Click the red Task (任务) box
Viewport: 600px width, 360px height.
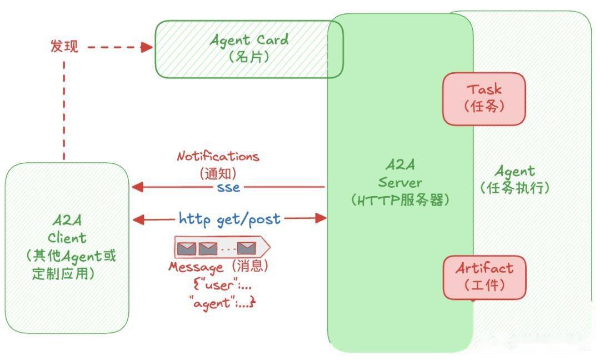tap(484, 98)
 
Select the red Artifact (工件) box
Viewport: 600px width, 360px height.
tap(484, 277)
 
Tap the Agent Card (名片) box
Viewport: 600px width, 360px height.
tap(248, 48)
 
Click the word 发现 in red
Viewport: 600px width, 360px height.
tap(64, 47)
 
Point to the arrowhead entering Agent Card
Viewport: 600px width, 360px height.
tap(147, 47)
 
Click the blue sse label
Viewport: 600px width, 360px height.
tap(228, 187)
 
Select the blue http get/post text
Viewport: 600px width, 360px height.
tap(229, 219)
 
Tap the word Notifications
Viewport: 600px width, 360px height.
tap(218, 156)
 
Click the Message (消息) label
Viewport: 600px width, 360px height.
tap(219, 267)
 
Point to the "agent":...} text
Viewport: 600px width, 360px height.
tap(222, 303)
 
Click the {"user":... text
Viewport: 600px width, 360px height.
tap(222, 285)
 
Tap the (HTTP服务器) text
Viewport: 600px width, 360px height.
tap(399, 200)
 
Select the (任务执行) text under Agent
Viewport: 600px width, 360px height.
tap(514, 187)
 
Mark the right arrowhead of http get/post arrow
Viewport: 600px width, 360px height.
tap(321, 218)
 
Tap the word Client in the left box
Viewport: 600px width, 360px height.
tap(67, 238)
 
